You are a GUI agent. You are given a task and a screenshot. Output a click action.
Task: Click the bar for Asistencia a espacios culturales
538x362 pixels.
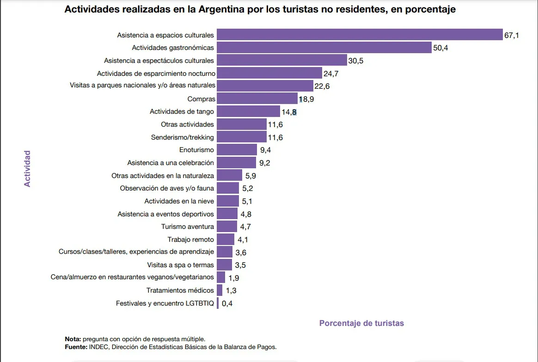point(360,35)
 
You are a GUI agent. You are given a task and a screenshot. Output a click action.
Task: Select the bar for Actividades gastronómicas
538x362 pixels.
point(324,48)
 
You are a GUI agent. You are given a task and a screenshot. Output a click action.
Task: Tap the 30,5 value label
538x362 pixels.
point(356,61)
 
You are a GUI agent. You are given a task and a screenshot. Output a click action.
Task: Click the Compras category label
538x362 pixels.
point(201,99)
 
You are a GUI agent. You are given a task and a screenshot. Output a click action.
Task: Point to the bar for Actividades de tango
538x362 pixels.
point(248,111)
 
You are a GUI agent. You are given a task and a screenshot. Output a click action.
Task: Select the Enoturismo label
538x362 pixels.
point(196,150)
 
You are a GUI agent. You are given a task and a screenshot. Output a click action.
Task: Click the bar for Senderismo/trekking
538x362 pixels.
point(241,137)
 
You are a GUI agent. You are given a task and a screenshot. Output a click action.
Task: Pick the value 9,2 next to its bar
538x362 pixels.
point(265,163)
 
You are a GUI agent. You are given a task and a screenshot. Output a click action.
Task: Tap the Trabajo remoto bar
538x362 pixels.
point(226,239)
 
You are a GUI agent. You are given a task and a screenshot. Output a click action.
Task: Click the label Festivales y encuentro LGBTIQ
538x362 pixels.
point(165,303)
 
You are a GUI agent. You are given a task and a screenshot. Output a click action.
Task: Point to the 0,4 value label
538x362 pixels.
point(227,304)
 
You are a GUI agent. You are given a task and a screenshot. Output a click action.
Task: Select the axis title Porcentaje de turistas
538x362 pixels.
point(361,323)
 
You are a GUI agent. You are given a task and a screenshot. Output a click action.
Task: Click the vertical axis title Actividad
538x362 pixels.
point(27,168)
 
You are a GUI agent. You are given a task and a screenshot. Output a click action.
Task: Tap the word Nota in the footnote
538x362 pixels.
point(73,339)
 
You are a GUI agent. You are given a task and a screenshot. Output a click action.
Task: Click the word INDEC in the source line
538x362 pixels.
point(99,346)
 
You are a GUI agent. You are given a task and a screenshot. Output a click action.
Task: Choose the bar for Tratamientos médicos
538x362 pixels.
point(220,290)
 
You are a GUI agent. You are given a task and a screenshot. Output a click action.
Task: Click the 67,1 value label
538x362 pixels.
point(511,35)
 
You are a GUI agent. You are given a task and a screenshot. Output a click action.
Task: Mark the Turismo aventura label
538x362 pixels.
point(188,227)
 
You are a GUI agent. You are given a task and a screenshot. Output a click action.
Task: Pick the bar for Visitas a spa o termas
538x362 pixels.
point(224,265)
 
